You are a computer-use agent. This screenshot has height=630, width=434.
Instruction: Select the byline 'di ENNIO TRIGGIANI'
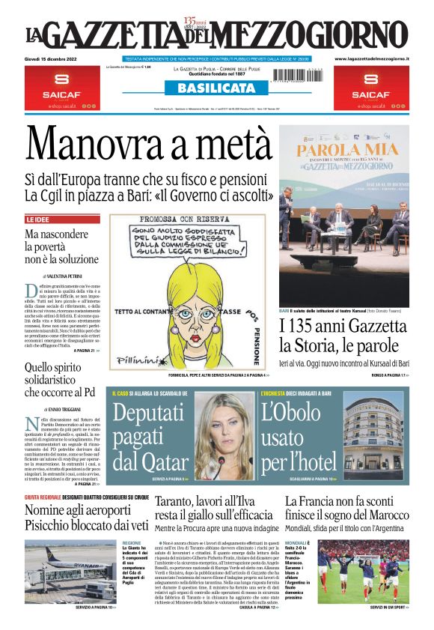click(64, 409)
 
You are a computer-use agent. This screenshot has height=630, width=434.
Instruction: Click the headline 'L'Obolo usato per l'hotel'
click(298, 435)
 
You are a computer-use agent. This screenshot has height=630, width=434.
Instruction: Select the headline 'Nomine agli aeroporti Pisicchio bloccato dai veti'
click(86, 517)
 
